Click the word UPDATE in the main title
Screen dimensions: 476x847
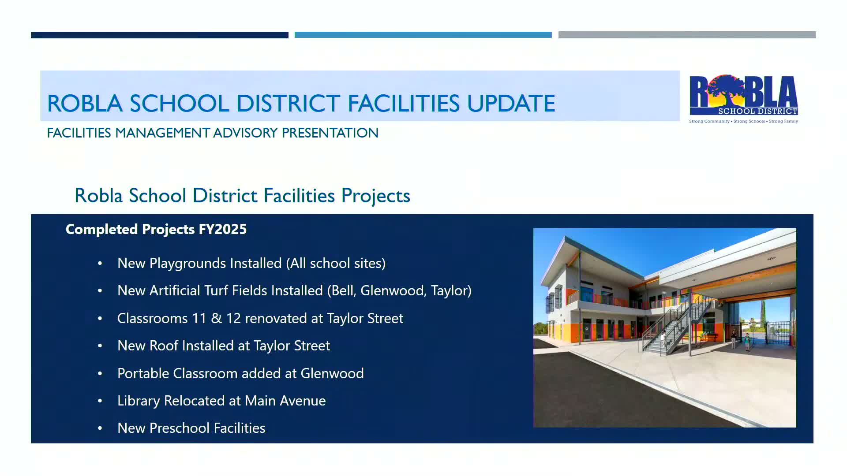click(x=511, y=104)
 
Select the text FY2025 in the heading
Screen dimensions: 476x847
click(x=223, y=229)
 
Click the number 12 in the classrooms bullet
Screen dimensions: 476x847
click(x=233, y=318)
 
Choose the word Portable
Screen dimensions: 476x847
click(x=143, y=374)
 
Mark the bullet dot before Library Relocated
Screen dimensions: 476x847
click(x=100, y=401)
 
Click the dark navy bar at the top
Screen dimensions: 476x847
click(x=159, y=35)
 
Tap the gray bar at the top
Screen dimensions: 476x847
click(x=687, y=35)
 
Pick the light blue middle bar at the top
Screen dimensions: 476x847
click(x=423, y=35)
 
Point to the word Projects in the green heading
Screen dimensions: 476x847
click(x=375, y=196)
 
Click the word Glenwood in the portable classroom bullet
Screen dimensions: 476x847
click(x=332, y=374)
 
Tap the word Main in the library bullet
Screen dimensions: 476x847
click(x=260, y=401)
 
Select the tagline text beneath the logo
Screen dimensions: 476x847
click(x=743, y=121)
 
